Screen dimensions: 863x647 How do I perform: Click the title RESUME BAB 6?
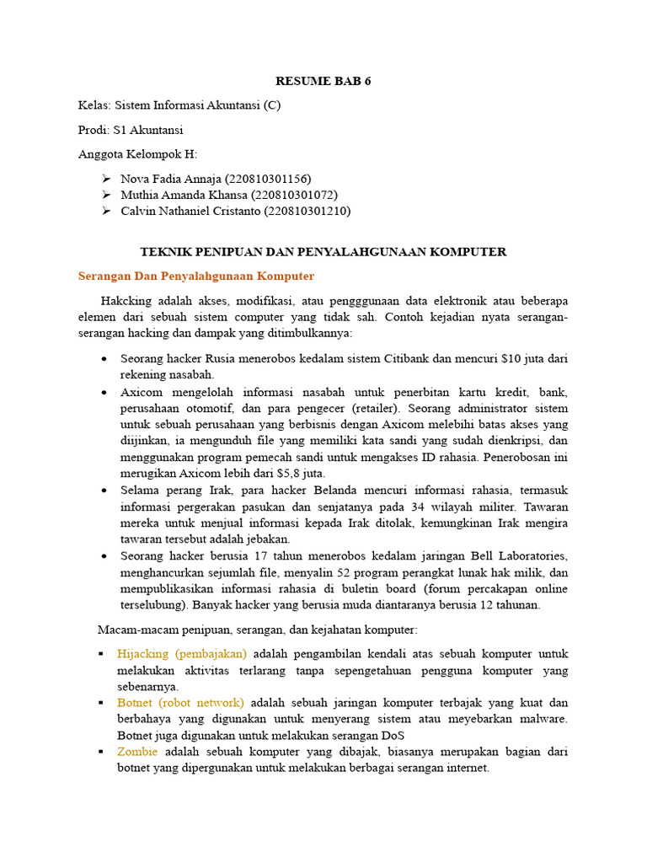(x=323, y=82)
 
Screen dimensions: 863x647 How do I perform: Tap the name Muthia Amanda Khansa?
(x=179, y=195)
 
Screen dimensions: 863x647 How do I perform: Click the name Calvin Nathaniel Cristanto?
(x=190, y=211)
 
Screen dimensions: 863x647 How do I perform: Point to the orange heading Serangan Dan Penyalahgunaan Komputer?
(x=196, y=276)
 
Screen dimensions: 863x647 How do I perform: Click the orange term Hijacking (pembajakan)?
(x=183, y=654)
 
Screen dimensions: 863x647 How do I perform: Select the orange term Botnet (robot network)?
(x=181, y=703)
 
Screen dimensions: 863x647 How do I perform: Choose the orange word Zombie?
(x=137, y=752)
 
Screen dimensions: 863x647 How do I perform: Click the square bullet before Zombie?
(x=101, y=752)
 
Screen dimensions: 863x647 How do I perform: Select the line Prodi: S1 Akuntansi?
(x=131, y=130)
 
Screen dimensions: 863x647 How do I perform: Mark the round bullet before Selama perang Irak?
(x=103, y=490)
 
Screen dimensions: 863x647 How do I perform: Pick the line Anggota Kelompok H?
(x=137, y=154)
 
